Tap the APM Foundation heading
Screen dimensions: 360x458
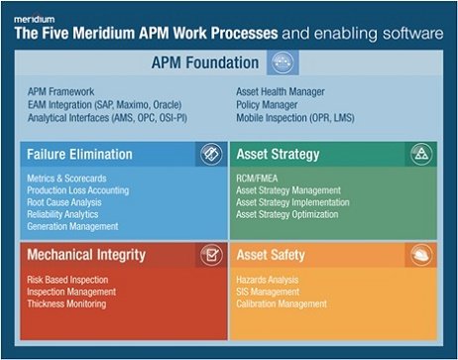[203, 64]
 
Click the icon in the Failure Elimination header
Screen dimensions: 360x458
[209, 154]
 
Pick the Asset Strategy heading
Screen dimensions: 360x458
[279, 155]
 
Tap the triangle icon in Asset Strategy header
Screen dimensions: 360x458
[420, 154]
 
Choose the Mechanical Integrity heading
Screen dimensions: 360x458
[88, 255]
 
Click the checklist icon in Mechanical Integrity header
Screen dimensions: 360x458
[209, 255]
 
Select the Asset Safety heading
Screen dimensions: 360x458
[271, 255]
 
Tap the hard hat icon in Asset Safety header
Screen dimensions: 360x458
[420, 255]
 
